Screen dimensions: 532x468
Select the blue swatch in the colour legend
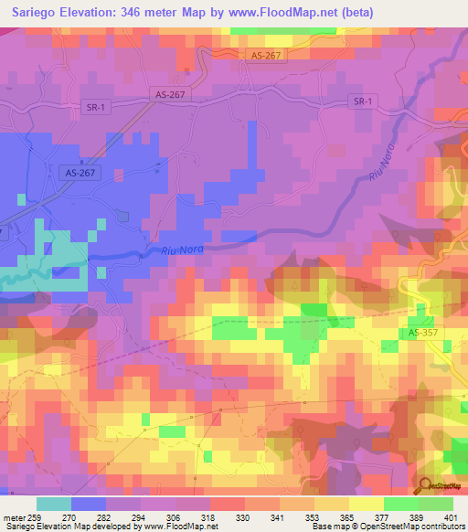click(89, 504)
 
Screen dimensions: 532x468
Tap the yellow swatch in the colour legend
click(366, 504)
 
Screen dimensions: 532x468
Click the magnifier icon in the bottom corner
click(425, 485)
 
